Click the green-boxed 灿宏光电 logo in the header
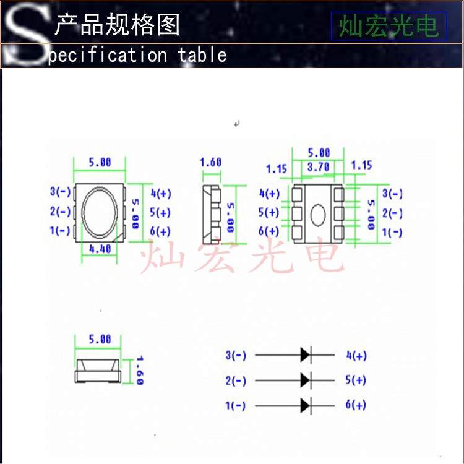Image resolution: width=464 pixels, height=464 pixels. point(388,26)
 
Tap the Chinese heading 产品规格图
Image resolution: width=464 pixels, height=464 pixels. point(118,25)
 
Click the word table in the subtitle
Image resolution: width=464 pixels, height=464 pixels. point(202,54)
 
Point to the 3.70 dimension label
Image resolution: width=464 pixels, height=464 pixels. point(317,166)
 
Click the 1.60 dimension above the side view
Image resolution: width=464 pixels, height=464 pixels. point(210,162)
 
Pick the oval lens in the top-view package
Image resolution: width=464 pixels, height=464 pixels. point(99,212)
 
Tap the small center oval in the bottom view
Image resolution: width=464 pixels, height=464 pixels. point(318,215)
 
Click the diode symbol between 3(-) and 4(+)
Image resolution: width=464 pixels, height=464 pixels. point(305,354)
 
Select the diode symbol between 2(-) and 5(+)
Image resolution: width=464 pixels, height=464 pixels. point(305,380)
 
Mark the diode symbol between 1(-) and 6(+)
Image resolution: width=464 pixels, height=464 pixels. point(305,405)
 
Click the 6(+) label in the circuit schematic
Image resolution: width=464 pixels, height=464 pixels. point(356,405)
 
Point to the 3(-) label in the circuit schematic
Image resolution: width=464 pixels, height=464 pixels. point(236,355)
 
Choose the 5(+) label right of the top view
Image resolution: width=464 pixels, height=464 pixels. point(160,212)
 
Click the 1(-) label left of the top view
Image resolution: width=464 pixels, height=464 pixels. point(60,231)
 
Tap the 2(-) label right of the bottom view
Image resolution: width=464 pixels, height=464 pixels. point(392,213)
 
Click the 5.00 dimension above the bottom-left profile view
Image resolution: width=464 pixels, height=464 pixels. point(100,339)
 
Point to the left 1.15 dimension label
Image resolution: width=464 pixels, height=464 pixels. point(277,168)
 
